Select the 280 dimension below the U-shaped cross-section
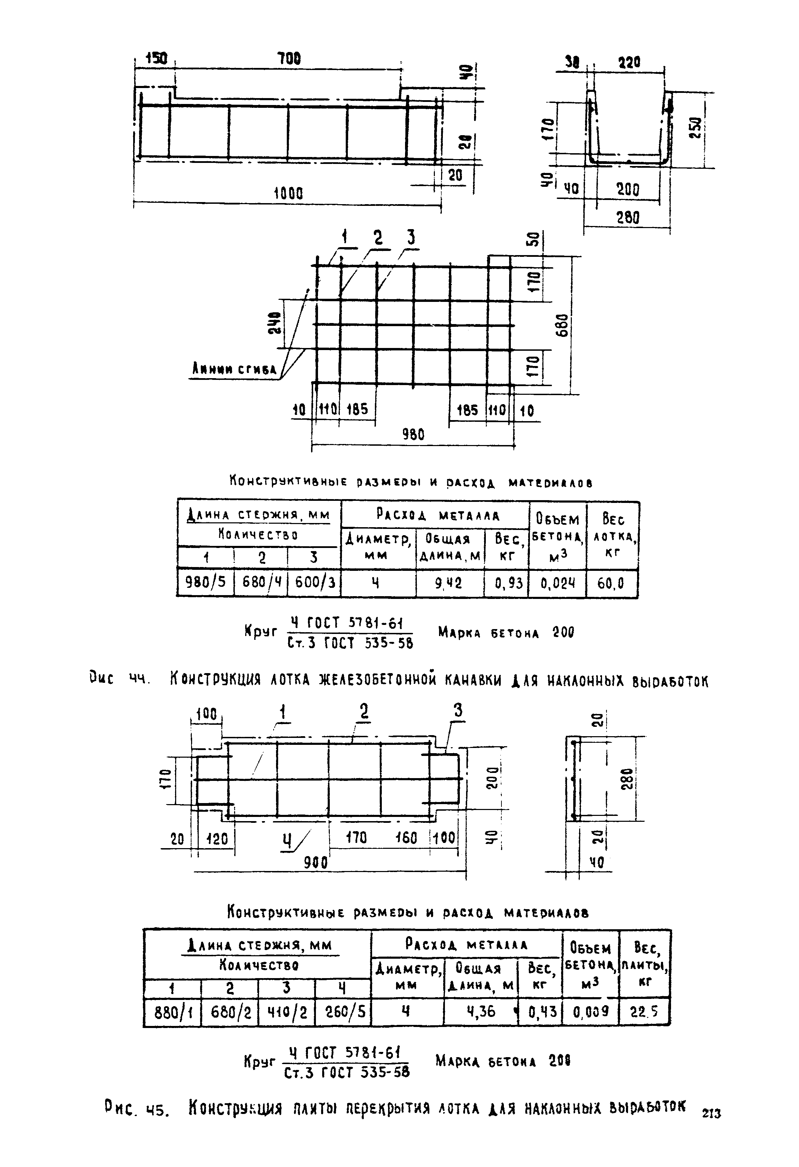[628, 218]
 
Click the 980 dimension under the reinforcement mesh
[413, 434]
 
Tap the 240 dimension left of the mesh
[274, 324]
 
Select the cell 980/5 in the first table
[206, 583]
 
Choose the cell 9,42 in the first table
[449, 583]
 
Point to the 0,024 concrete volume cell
[557, 584]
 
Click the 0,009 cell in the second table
[591, 1011]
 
